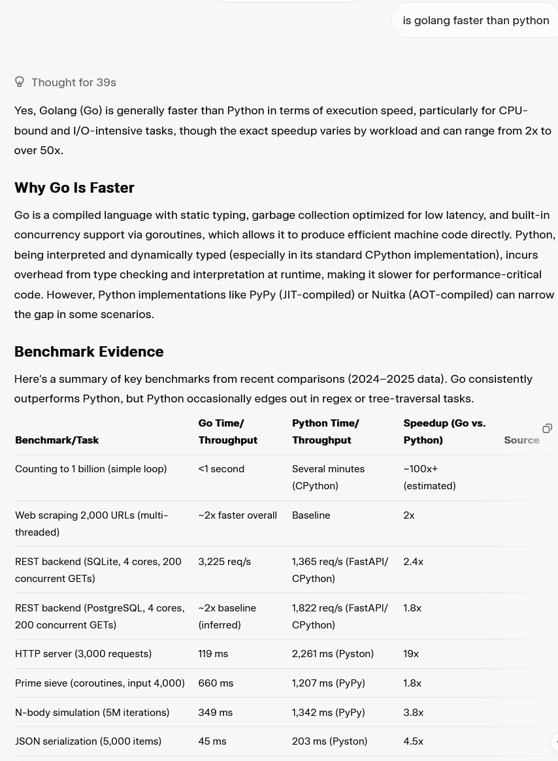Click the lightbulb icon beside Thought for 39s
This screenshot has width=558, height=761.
tap(20, 82)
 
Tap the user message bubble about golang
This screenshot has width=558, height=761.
tap(475, 20)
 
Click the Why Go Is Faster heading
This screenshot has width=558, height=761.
tap(74, 187)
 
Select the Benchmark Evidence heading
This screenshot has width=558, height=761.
tap(89, 351)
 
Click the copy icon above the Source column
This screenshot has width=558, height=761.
tap(547, 429)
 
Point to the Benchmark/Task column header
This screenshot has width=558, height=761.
tap(57, 440)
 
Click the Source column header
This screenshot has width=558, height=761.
tap(521, 440)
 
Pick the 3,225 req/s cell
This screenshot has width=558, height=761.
tap(224, 561)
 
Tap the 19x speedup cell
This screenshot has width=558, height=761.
tap(411, 653)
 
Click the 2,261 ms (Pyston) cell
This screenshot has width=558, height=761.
tap(333, 653)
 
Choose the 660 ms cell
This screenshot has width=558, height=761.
tap(216, 683)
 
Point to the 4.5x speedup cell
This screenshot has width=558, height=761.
tap(413, 741)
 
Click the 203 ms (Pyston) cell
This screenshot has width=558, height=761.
tap(329, 741)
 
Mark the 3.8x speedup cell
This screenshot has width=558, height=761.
tap(413, 712)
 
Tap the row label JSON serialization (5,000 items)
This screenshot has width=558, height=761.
tap(88, 741)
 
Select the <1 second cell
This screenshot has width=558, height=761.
tap(221, 468)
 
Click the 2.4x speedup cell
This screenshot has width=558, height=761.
tap(413, 561)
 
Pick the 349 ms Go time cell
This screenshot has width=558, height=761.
tap(215, 712)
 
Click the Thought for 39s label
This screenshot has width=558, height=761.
tap(73, 82)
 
